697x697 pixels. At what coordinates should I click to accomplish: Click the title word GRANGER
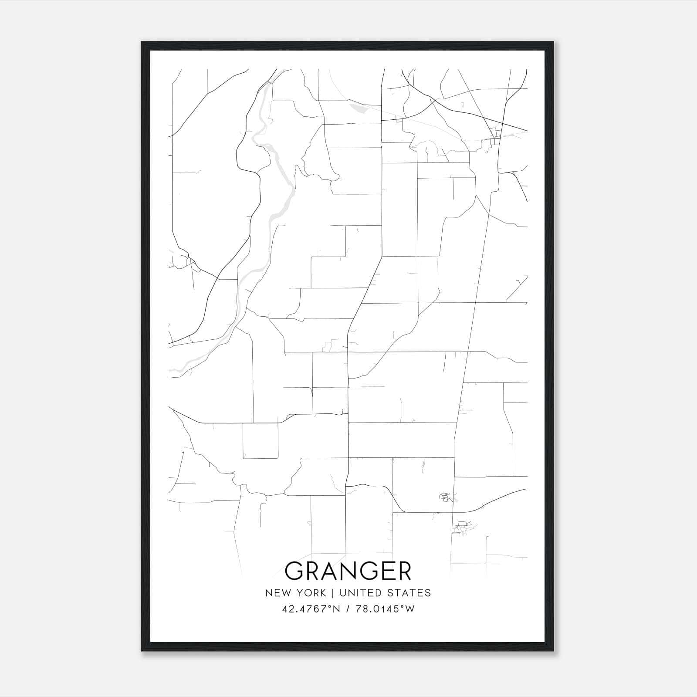point(348,571)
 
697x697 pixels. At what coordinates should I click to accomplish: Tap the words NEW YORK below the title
point(295,593)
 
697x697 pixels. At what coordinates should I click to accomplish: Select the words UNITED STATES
point(385,593)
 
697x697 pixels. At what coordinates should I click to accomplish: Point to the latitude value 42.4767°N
point(310,609)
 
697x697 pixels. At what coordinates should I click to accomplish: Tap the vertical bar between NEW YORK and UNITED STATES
point(332,593)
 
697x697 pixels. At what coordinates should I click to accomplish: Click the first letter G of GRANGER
point(294,571)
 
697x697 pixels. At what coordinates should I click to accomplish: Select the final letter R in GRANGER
point(403,571)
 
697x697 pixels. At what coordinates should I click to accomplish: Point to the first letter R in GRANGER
point(312,571)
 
